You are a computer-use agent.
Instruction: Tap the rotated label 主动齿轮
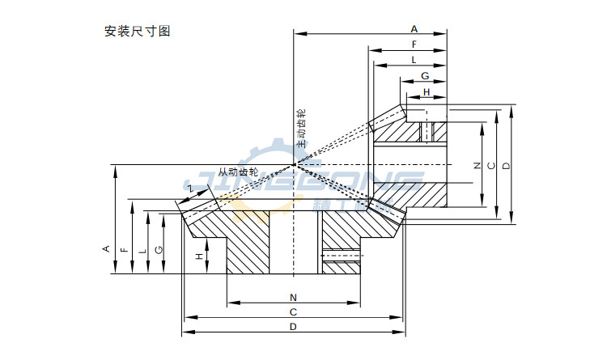tap(301, 128)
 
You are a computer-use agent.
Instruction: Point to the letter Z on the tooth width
tap(190, 188)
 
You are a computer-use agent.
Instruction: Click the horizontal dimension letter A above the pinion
tap(414, 28)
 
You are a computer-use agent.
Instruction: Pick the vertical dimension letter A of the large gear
tap(106, 249)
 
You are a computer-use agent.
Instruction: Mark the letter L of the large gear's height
tap(142, 251)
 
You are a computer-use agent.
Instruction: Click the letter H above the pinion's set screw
tap(427, 91)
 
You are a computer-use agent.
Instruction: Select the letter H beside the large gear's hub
tap(199, 256)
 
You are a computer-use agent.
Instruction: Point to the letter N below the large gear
tap(293, 296)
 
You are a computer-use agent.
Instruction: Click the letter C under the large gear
tap(293, 311)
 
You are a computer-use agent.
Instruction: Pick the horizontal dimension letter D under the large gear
tap(293, 327)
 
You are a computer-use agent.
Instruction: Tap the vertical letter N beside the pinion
tap(477, 166)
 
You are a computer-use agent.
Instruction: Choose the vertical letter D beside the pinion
tap(506, 166)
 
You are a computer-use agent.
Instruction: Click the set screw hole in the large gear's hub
tap(341, 258)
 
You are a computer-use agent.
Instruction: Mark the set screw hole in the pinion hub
tap(427, 130)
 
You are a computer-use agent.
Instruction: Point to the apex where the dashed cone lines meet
tap(293, 166)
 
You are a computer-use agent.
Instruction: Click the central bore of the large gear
tap(293, 243)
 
